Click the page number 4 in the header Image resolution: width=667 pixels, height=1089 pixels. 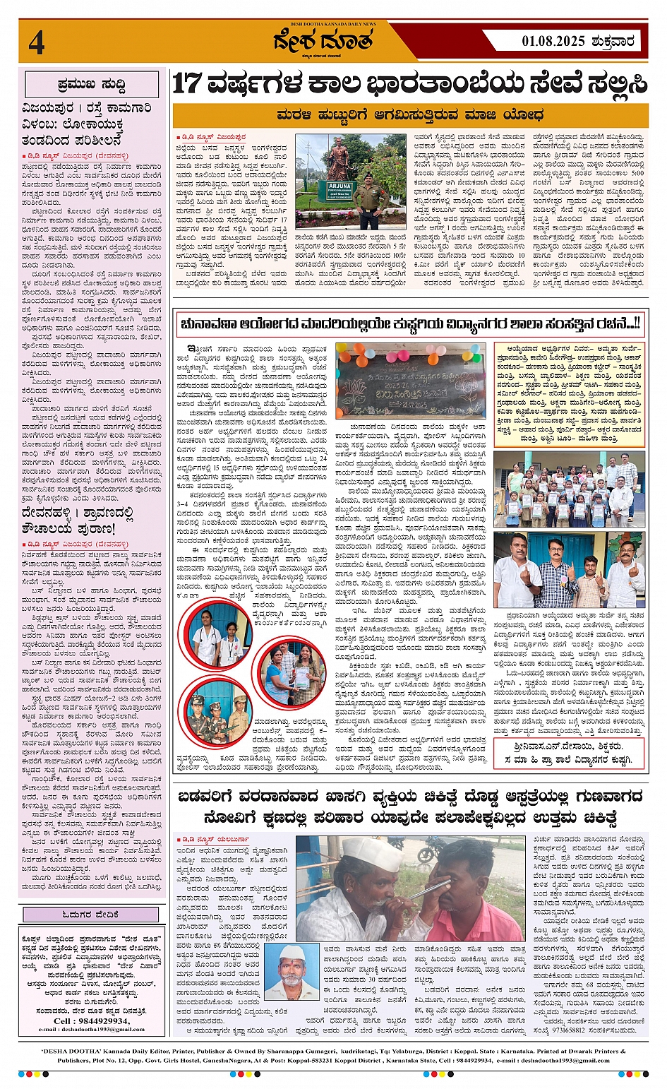[x=37, y=42]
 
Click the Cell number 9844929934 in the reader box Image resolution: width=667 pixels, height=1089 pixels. [x=92, y=1021]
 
